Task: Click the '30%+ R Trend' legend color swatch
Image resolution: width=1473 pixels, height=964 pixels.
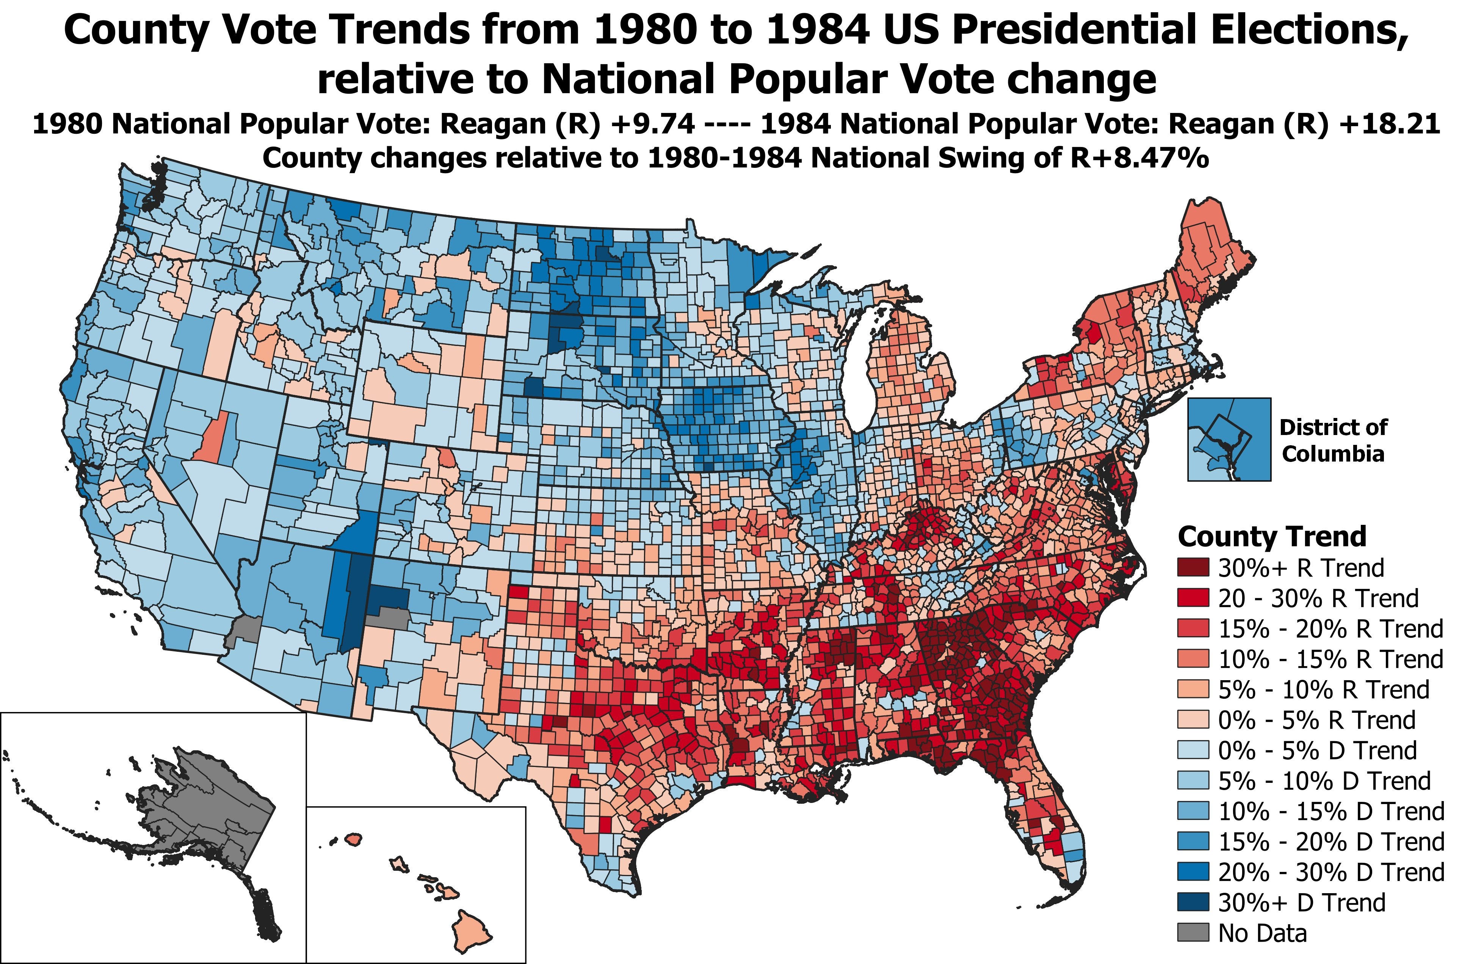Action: pyautogui.click(x=1193, y=567)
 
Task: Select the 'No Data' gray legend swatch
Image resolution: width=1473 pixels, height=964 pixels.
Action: pyautogui.click(x=1193, y=933)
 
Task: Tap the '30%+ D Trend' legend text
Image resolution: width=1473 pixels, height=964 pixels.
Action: pyautogui.click(x=1302, y=902)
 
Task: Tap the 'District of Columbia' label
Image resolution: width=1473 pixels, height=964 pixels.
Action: pyautogui.click(x=1332, y=440)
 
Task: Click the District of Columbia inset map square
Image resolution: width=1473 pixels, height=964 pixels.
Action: pyautogui.click(x=1229, y=439)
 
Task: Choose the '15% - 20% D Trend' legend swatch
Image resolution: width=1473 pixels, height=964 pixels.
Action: pyautogui.click(x=1193, y=842)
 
